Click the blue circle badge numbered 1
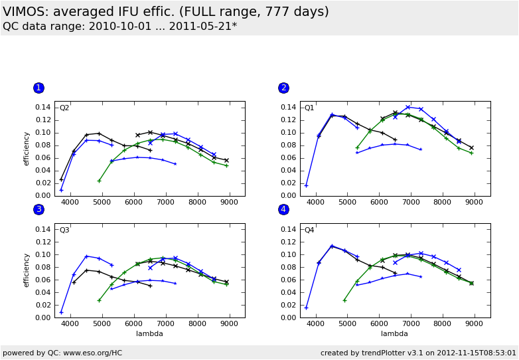coord(38,88)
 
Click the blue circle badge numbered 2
coord(283,88)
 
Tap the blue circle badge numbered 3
coord(38,209)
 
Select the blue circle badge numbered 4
coord(283,209)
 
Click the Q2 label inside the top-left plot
coord(64,108)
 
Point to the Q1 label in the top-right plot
coord(309,108)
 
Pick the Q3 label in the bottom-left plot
coord(64,230)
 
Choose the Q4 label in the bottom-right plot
coord(309,230)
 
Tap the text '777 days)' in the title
coord(297,12)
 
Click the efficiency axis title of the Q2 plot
coord(27,148)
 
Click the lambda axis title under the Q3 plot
coord(149,333)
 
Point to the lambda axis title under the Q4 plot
coord(395,333)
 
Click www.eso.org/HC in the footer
coord(92,353)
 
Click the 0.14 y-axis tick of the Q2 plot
coord(42,107)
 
